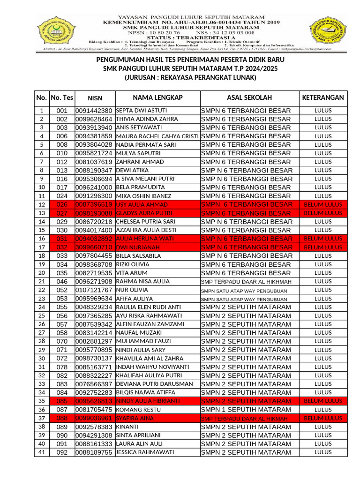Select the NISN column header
click(95, 98)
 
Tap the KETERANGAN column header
click(323, 97)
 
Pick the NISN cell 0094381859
click(94, 136)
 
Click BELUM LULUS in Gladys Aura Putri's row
click(323, 213)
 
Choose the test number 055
click(62, 307)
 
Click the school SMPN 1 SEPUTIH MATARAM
click(246, 410)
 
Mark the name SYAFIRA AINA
click(135, 418)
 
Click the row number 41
click(42, 452)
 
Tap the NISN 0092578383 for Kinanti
click(94, 427)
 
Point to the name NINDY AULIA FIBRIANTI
click(148, 401)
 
